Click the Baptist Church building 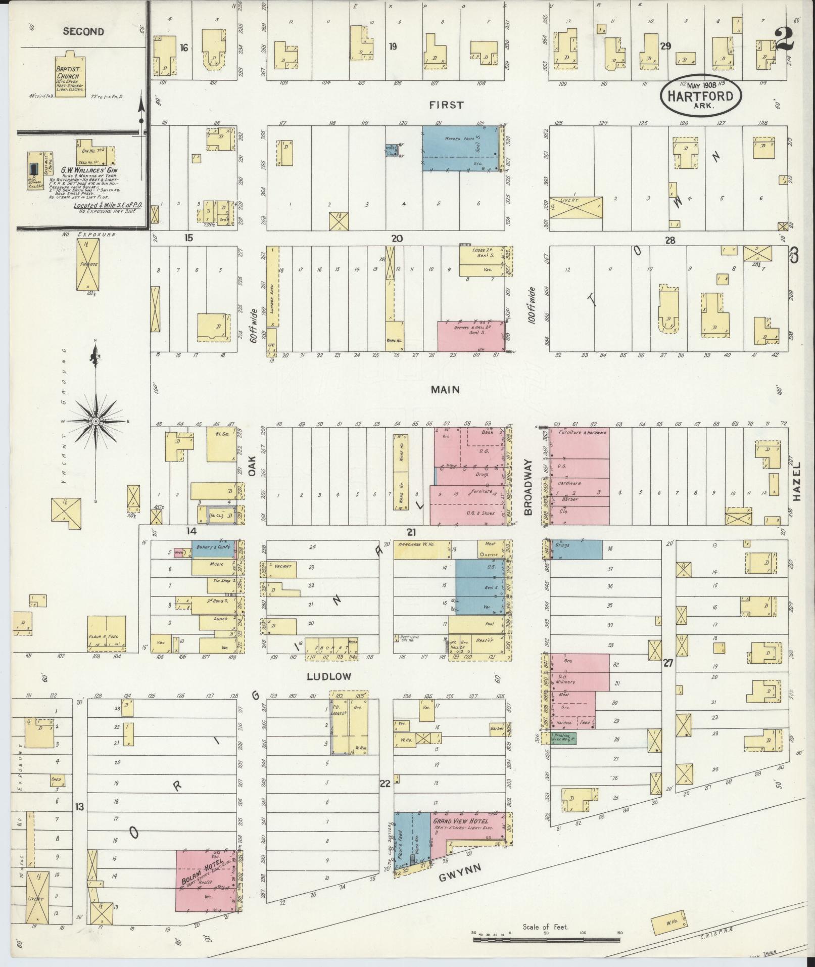[x=70, y=75]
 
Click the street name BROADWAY [x=529, y=487]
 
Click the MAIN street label [x=445, y=389]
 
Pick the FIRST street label [x=446, y=105]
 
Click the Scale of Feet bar [x=546, y=940]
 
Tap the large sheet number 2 [x=784, y=38]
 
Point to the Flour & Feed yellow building [x=106, y=633]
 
